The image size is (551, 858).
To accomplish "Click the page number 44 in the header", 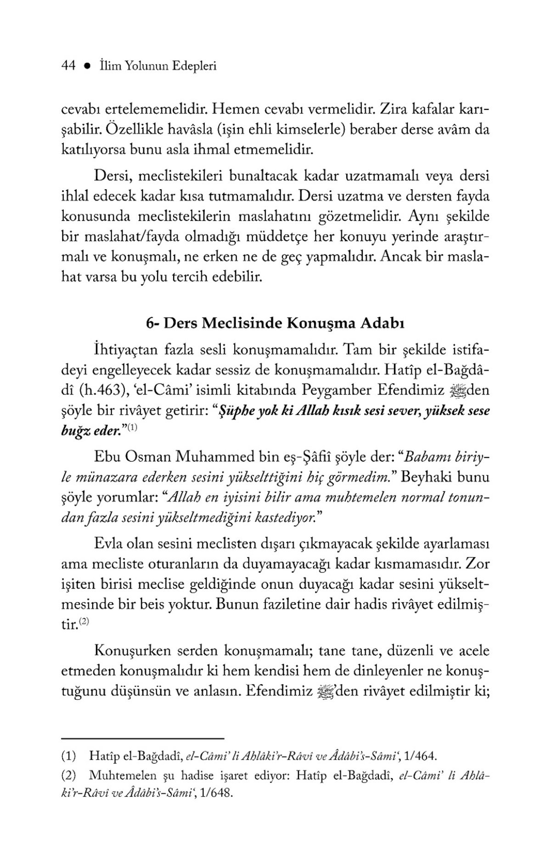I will pyautogui.click(x=68, y=66).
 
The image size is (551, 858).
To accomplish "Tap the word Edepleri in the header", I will pyautogui.click(x=194, y=67).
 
